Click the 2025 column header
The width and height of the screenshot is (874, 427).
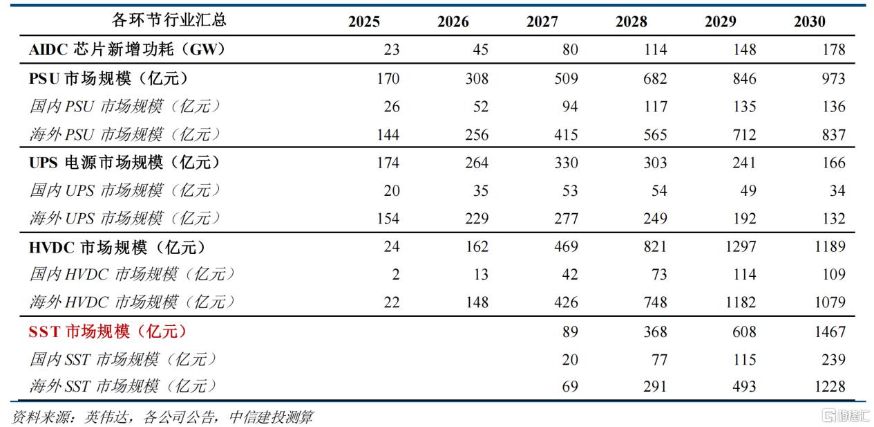tap(363, 21)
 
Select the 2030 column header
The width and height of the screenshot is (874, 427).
tap(810, 21)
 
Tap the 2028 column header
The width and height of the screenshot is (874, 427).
tap(631, 21)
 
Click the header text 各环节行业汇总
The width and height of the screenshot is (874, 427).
tap(169, 20)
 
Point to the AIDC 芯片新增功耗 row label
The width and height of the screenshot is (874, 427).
tap(127, 50)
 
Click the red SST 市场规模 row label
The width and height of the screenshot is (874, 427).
tap(107, 331)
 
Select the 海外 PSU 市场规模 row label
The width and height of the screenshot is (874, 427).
tap(125, 134)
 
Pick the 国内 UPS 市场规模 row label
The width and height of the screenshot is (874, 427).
tap(125, 190)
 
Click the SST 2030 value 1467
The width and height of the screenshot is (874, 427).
tap(830, 331)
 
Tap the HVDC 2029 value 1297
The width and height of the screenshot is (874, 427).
tap(741, 246)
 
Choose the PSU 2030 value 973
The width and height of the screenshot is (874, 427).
tap(833, 78)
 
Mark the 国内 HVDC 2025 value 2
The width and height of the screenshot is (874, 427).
tap(396, 274)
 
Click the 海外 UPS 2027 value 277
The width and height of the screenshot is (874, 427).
tap(566, 219)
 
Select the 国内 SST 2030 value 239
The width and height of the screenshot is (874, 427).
tap(833, 359)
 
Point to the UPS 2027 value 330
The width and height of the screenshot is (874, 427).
tap(566, 163)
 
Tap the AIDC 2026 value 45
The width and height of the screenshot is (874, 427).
tap(481, 50)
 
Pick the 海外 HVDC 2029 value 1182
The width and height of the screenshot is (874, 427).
tap(741, 302)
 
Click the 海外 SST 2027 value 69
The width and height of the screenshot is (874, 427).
tap(570, 386)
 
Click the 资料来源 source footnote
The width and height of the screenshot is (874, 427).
tap(162, 417)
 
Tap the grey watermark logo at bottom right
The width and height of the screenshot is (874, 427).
tap(846, 416)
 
